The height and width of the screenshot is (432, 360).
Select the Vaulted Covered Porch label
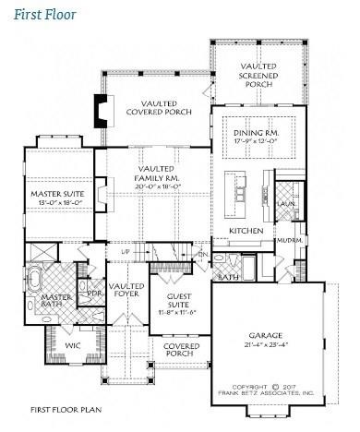coord(159,107)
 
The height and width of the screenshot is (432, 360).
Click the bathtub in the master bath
coord(37,278)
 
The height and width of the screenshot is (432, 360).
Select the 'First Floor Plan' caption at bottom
coord(65,407)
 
